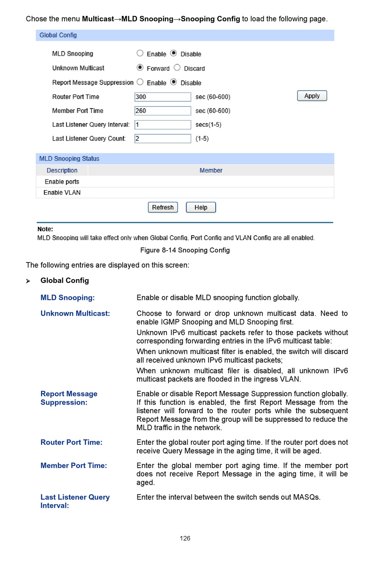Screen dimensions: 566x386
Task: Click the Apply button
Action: tap(312, 96)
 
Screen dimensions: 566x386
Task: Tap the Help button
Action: tap(201, 207)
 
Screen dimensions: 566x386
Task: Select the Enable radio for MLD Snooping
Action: tap(140, 53)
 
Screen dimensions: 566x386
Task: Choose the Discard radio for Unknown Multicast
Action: tap(177, 67)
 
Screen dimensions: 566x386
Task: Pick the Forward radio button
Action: tap(140, 67)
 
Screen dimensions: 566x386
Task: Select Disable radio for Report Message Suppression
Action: tap(173, 82)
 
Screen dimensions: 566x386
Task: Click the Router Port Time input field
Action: tap(163, 97)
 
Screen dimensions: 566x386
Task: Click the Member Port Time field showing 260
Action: tap(163, 111)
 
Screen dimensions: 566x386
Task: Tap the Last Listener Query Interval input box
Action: tap(163, 125)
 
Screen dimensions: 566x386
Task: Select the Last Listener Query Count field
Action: tap(163, 139)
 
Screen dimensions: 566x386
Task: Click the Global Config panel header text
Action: tap(58, 35)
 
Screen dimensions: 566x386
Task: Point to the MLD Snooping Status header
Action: tap(69, 158)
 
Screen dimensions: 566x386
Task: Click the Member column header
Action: tap(211, 170)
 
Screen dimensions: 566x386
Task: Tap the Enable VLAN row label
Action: tap(62, 193)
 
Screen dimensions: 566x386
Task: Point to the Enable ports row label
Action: tap(62, 182)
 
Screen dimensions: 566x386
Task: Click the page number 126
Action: tap(185, 538)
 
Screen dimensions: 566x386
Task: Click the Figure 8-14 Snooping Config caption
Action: tap(185, 250)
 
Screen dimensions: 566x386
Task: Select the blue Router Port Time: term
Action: tap(72, 442)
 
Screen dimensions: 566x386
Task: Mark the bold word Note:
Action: tap(45, 229)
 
